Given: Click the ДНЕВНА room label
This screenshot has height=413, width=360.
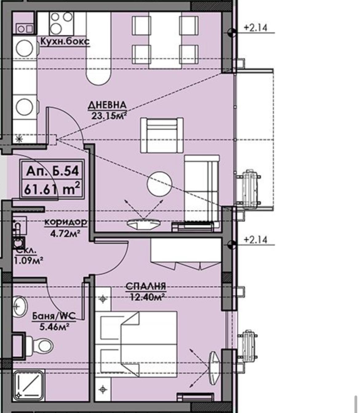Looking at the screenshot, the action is (x=107, y=105).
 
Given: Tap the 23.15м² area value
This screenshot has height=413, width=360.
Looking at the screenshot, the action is (x=109, y=116).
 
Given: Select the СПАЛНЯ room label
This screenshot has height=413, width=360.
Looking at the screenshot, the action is (x=146, y=286).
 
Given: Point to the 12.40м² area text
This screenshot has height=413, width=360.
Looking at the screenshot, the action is (x=147, y=297).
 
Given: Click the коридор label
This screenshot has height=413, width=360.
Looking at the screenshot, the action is (x=66, y=222).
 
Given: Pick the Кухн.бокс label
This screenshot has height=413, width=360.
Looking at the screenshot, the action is (x=65, y=42).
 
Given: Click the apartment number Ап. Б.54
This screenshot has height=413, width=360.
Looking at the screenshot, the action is (x=52, y=171).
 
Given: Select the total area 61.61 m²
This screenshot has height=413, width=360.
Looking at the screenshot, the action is (x=52, y=189).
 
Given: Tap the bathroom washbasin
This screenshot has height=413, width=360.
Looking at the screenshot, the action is (x=20, y=307).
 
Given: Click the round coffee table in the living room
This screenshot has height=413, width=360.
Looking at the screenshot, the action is (x=160, y=184).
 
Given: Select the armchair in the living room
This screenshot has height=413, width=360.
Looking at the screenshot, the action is (x=162, y=135).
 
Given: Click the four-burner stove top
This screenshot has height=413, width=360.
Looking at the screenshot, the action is (x=61, y=23).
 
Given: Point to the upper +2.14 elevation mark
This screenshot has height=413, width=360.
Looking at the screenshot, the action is (x=255, y=27).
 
